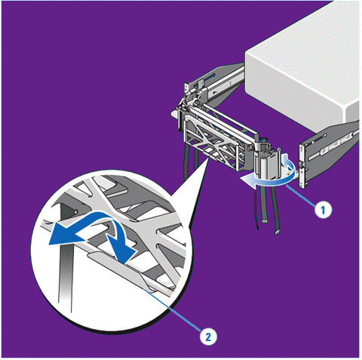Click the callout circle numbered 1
pos(323,209)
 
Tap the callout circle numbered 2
pos(208,337)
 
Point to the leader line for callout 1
pos(301,195)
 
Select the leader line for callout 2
pos(173,309)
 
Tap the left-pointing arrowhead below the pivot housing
pos(247,180)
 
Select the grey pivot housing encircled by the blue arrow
pos(267,164)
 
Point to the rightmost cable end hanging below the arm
pos(277,232)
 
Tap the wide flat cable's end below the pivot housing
pos(265,220)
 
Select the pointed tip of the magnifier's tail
pos(208,160)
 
